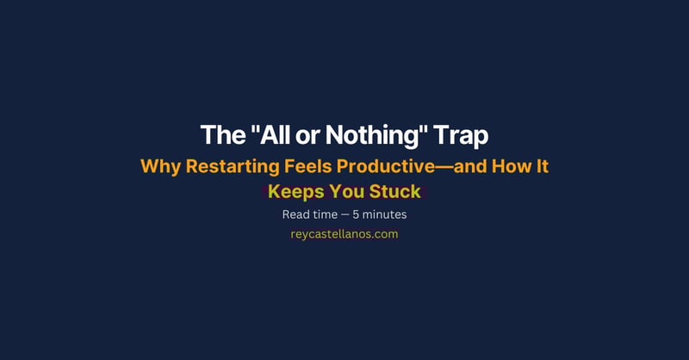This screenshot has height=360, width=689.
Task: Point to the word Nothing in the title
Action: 369,136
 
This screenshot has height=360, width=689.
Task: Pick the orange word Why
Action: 160,167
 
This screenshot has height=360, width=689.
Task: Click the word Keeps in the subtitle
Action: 294,191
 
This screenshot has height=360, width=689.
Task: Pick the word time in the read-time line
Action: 332,214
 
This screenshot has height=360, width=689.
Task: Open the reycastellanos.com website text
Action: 344,234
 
